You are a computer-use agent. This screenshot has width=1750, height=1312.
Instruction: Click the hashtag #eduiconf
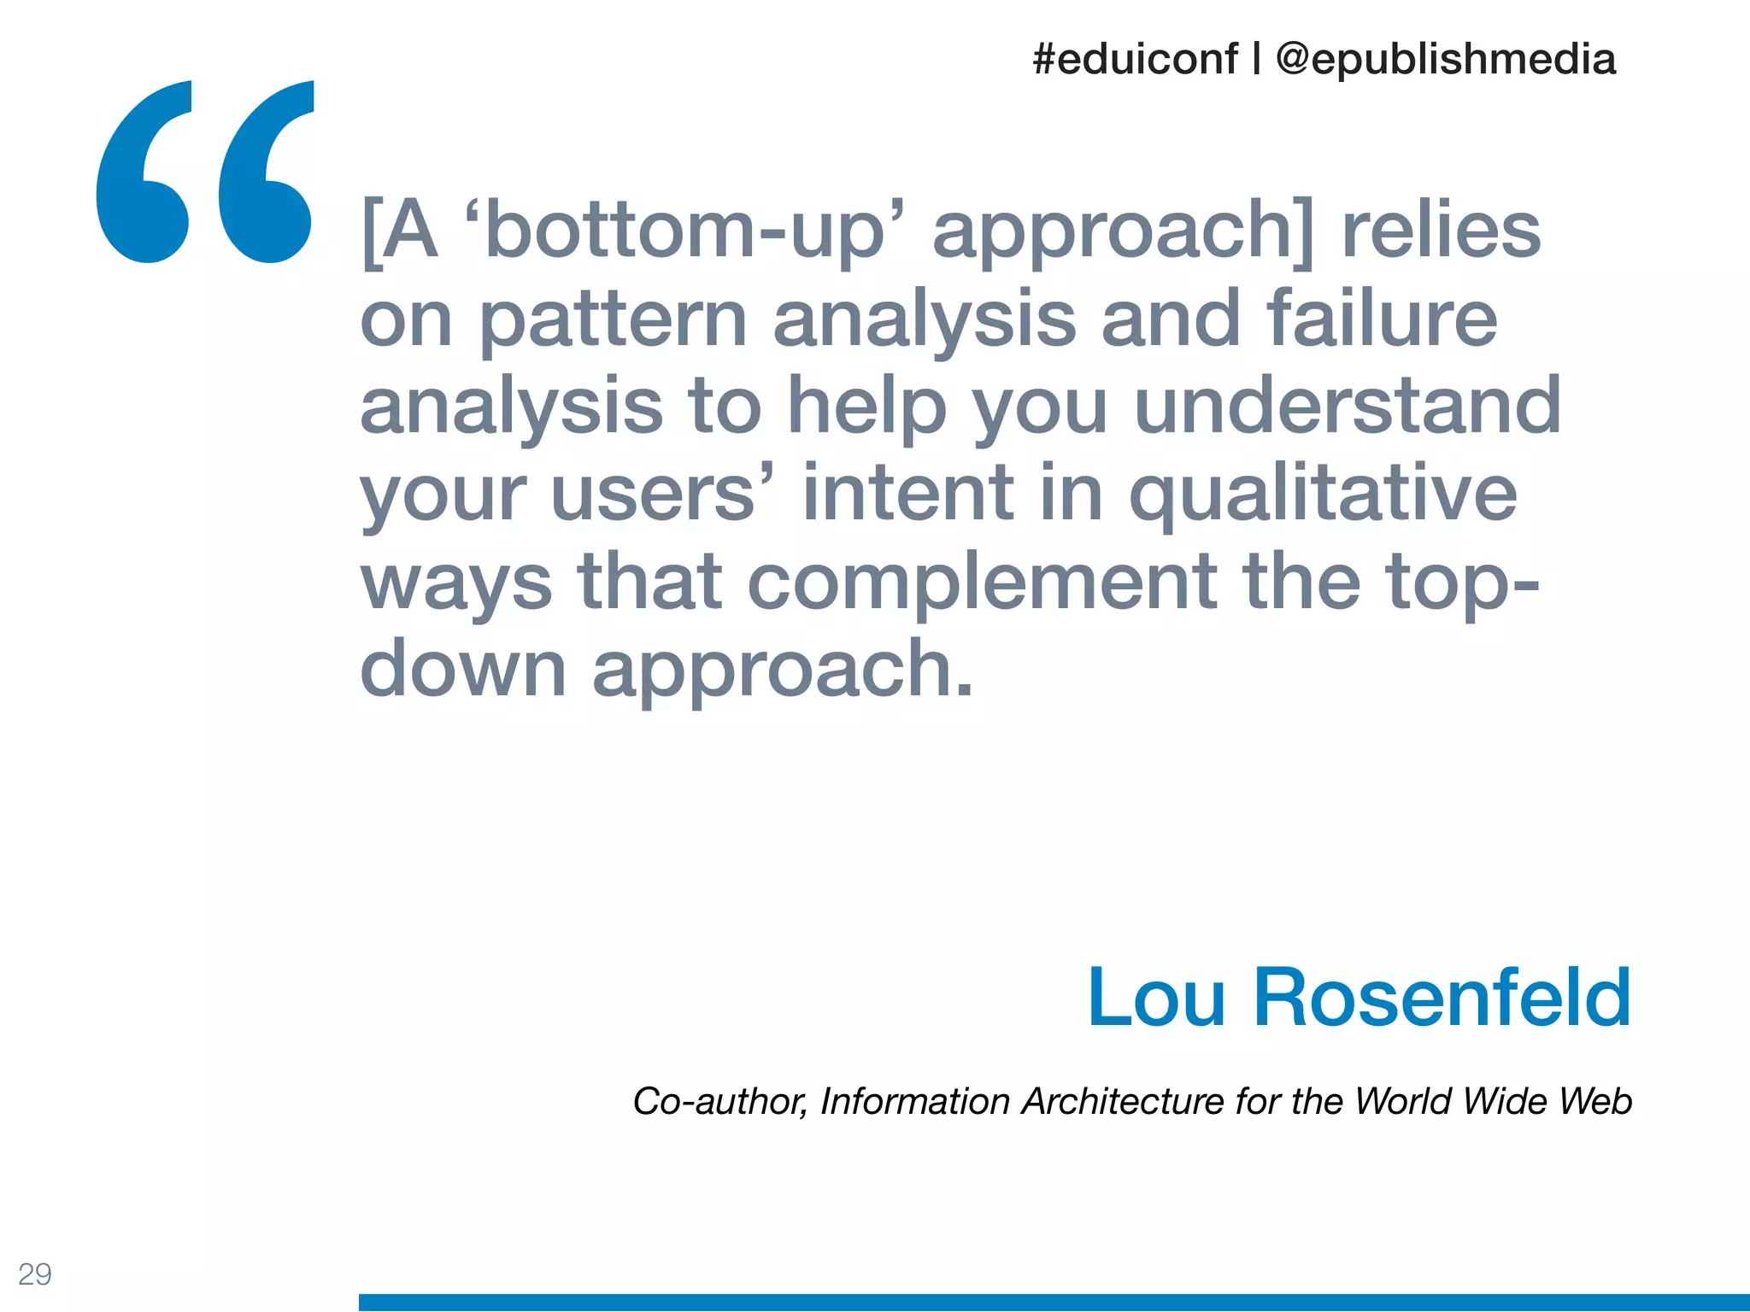pos(1135,60)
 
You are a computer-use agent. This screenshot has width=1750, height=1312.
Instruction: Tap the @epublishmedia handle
pos(1445,60)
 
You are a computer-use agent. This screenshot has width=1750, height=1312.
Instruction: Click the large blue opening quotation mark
pos(205,171)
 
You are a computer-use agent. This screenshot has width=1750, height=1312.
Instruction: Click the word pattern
pos(614,319)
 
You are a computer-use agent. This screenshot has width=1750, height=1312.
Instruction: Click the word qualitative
pos(1323,495)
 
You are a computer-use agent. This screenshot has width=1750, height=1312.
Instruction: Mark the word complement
pos(983,583)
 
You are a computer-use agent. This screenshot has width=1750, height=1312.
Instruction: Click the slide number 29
pos(35,1274)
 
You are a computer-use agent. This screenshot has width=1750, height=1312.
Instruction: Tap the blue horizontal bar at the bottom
pos(1054,1302)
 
